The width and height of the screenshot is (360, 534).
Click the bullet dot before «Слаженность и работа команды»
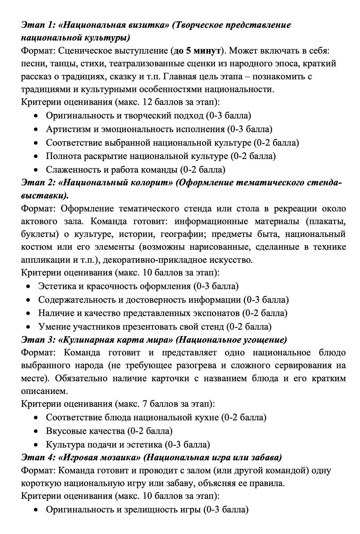click(x=35, y=170)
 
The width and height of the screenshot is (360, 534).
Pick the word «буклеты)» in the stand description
click(x=39, y=234)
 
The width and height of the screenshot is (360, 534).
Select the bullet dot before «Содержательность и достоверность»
click(x=28, y=300)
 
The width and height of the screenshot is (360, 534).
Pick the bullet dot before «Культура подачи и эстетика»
click(x=35, y=444)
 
